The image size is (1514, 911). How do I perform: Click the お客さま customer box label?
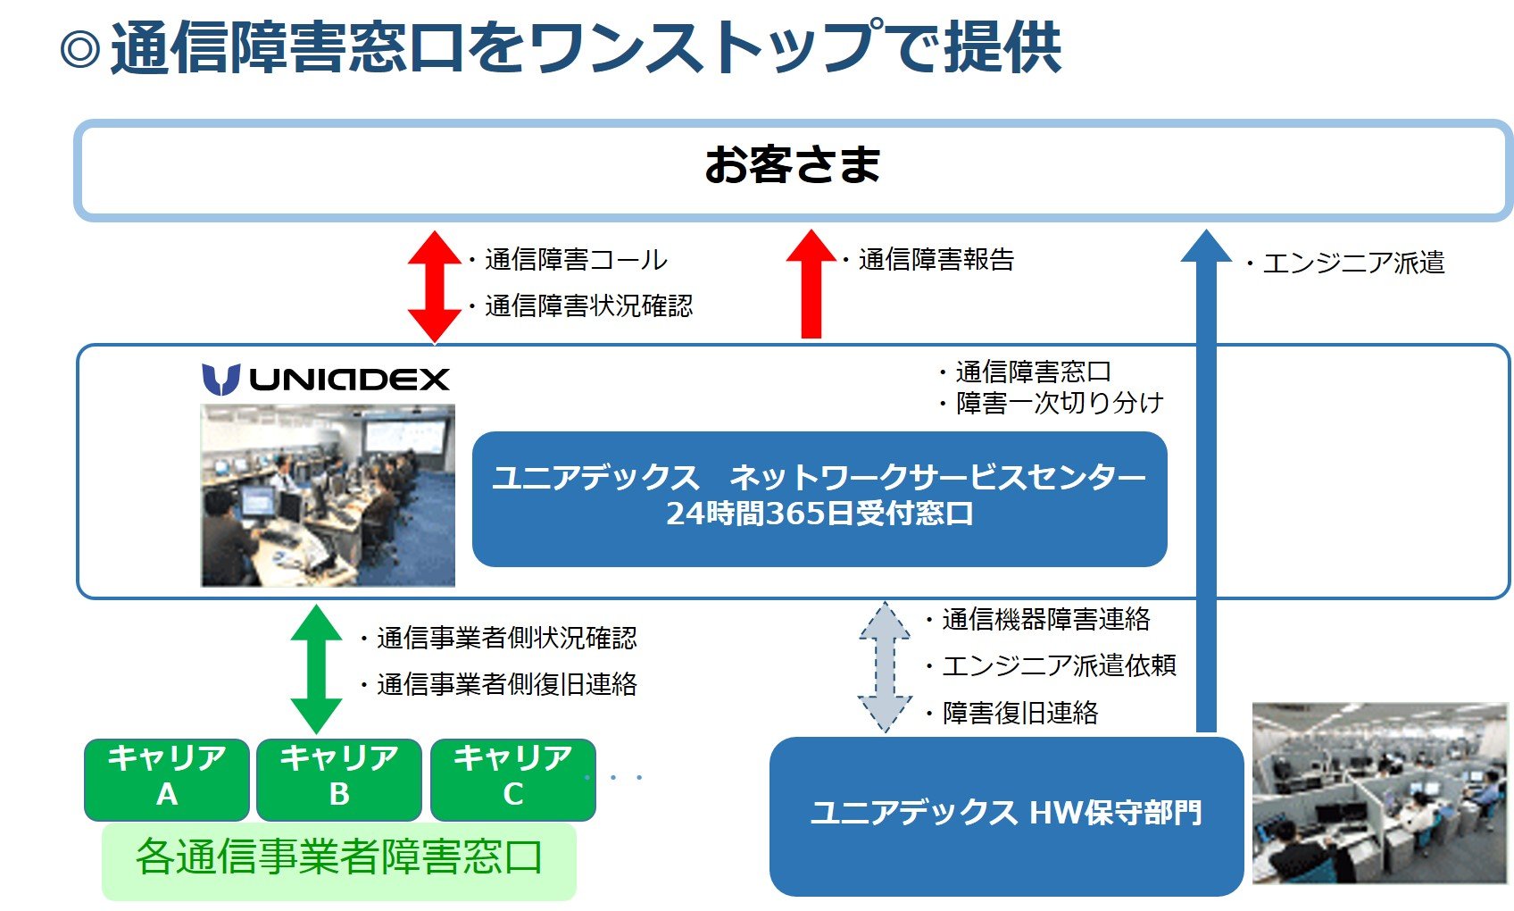[x=793, y=166]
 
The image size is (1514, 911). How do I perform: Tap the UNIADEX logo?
[x=326, y=379]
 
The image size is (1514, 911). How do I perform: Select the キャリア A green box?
[x=167, y=778]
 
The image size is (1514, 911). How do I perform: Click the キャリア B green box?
[x=339, y=778]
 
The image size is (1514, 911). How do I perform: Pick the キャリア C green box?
[x=512, y=778]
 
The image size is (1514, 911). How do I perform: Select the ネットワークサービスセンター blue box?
[x=819, y=497]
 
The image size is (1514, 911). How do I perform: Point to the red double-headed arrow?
[x=434, y=286]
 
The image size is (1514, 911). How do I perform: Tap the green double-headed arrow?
[x=316, y=669]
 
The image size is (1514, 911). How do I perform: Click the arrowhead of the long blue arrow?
[x=1206, y=247]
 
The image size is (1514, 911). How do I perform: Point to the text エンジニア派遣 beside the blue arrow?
[x=1352, y=263]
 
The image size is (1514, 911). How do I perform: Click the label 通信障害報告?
[x=936, y=260]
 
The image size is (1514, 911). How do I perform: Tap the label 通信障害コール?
[x=576, y=260]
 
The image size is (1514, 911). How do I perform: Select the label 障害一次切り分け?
[x=1059, y=404]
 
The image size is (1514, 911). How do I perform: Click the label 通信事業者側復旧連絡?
[x=506, y=685]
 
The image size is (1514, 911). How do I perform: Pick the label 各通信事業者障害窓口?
[x=338, y=857]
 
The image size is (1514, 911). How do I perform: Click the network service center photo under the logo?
[x=328, y=496]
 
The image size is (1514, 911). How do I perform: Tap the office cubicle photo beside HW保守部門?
[x=1379, y=793]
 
